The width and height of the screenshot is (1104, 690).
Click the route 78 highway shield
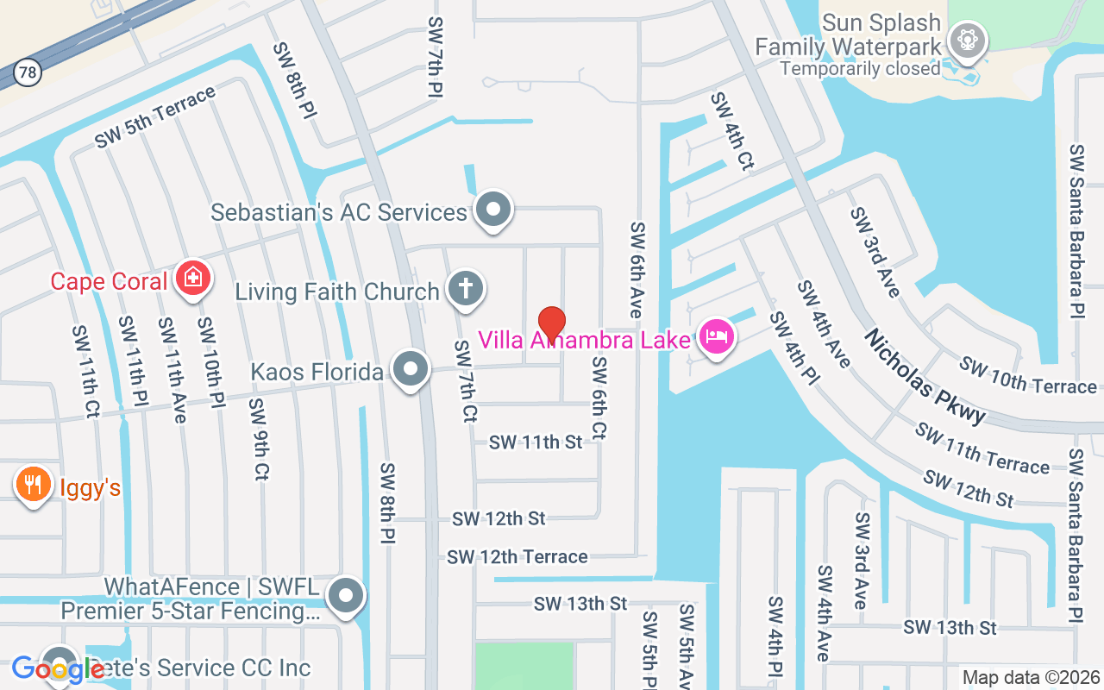pyautogui.click(x=28, y=72)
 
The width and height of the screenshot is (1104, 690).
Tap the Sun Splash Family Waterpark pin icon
pyautogui.click(x=968, y=40)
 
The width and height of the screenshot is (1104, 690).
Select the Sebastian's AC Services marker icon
pyautogui.click(x=494, y=209)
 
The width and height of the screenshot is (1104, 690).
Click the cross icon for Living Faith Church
pyautogui.click(x=466, y=288)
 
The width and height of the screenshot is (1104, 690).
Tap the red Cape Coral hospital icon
pyautogui.click(x=192, y=278)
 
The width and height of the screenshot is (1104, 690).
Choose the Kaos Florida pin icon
pyautogui.click(x=411, y=369)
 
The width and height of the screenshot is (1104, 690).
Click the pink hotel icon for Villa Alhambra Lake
pyautogui.click(x=716, y=336)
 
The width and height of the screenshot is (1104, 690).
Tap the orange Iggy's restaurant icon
pyautogui.click(x=33, y=485)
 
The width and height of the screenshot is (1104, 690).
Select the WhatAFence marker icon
pyautogui.click(x=347, y=595)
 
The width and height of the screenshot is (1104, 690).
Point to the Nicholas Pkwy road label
pyautogui.click(x=925, y=376)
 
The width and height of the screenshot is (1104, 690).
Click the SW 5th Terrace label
pyautogui.click(x=155, y=117)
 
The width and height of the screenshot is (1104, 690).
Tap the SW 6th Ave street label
pyautogui.click(x=637, y=269)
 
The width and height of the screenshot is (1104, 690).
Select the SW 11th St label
pyautogui.click(x=536, y=442)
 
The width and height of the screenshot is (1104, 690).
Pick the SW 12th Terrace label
pyautogui.click(x=517, y=557)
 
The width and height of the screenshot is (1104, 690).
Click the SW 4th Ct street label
pyautogui.click(x=732, y=131)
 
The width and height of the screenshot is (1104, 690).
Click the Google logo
pyautogui.click(x=58, y=668)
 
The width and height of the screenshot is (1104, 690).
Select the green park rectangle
pyautogui.click(x=524, y=665)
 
